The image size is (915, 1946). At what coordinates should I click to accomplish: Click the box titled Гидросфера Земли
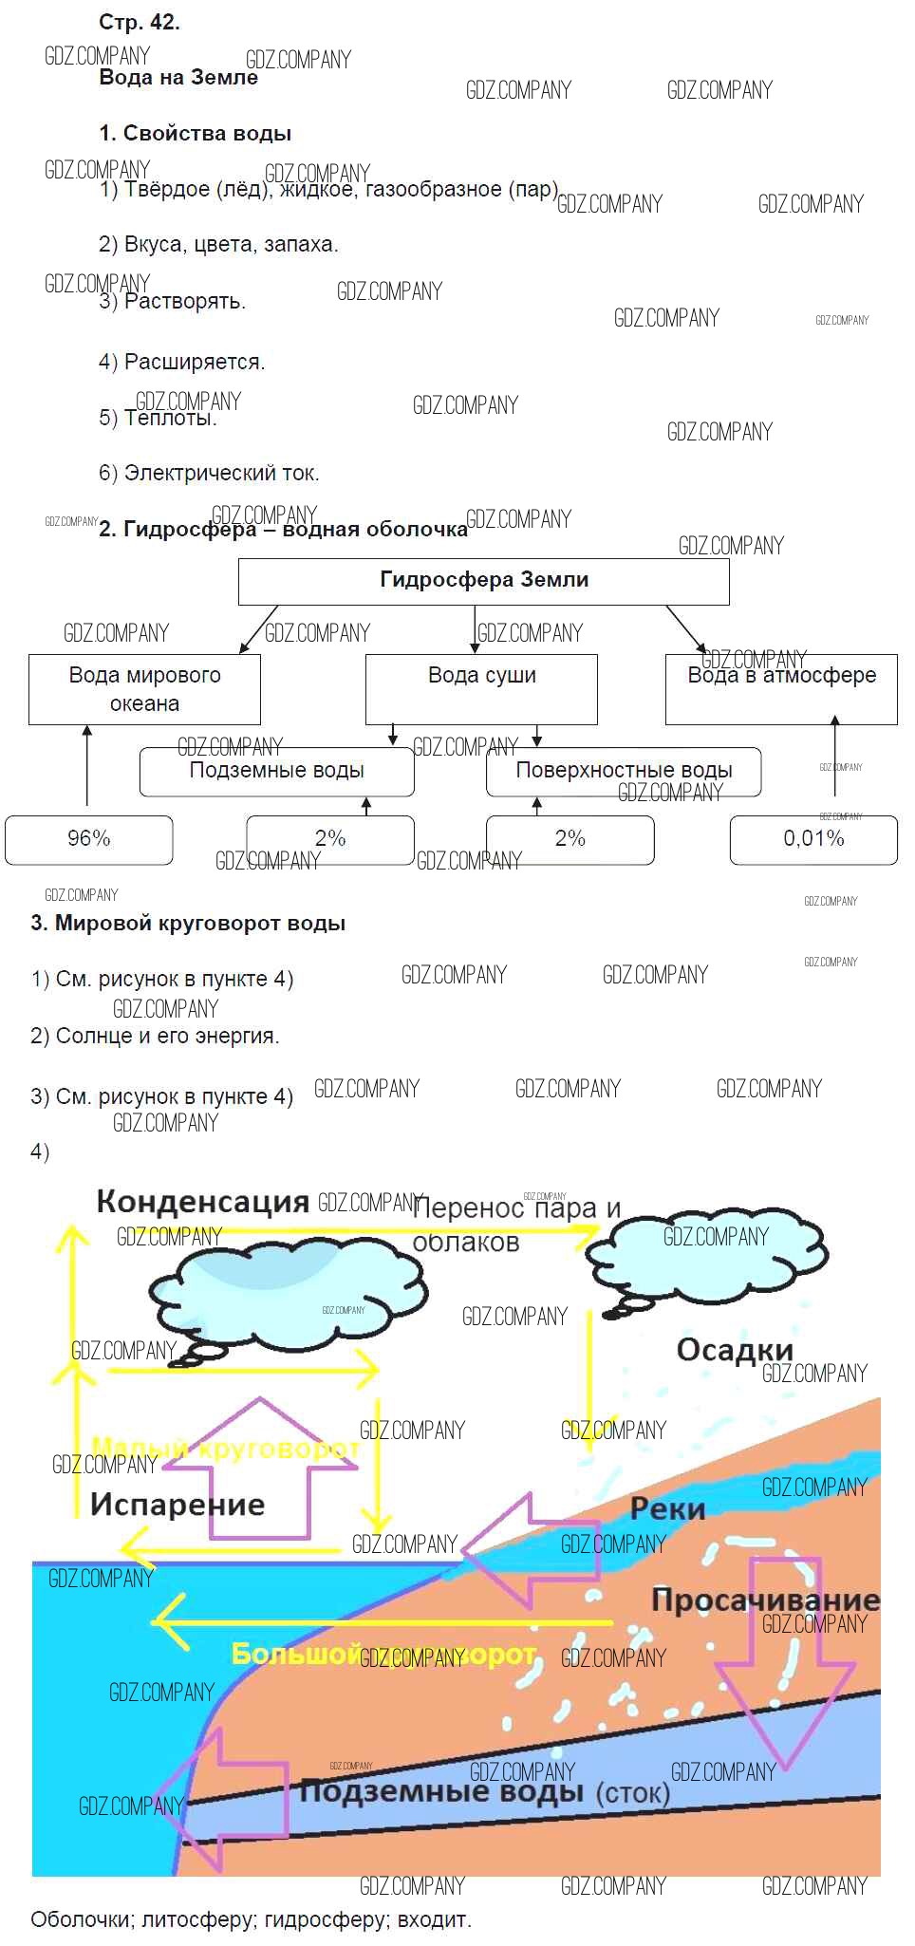[x=483, y=581]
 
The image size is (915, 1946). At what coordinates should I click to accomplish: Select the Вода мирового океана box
[x=144, y=689]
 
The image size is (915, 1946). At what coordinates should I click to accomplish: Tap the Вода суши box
[x=481, y=689]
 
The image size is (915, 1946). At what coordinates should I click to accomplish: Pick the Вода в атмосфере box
[x=781, y=689]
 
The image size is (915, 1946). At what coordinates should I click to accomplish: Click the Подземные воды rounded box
[x=276, y=771]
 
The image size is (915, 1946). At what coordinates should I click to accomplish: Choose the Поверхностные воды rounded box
[x=624, y=771]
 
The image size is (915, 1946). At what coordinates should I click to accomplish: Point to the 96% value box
[x=89, y=839]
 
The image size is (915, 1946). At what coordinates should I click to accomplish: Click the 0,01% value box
[x=813, y=839]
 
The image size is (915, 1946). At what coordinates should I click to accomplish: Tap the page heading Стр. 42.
[x=140, y=23]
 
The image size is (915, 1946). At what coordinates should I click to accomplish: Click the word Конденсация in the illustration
[x=203, y=1202]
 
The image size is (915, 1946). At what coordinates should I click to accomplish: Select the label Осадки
[x=735, y=1350]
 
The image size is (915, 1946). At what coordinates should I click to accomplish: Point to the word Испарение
[x=177, y=1505]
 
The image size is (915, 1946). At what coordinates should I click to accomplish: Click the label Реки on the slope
[x=667, y=1508]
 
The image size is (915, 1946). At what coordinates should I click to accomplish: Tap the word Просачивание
[x=765, y=1600]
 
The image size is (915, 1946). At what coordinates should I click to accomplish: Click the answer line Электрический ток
[x=209, y=473]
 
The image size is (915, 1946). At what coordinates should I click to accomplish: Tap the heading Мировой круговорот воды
[x=188, y=924]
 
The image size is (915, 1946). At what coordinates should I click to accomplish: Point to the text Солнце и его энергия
[x=155, y=1037]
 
